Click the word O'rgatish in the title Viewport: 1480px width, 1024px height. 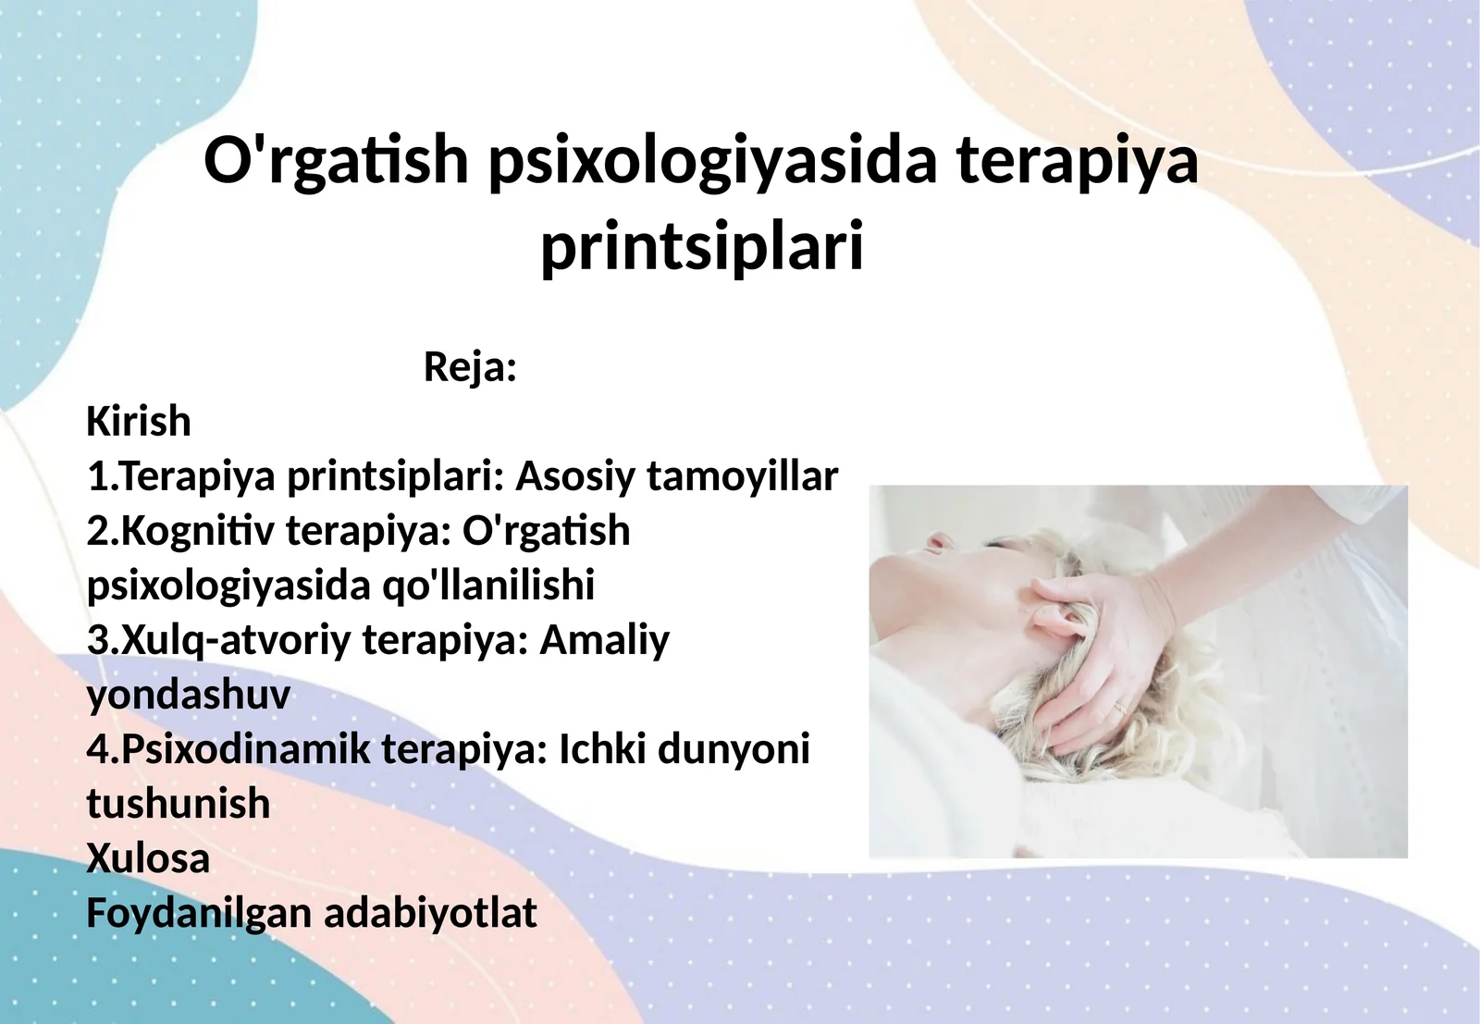coord(336,161)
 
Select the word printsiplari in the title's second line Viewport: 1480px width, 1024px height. coord(702,248)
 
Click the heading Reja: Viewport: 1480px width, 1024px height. coord(470,367)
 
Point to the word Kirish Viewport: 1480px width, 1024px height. coord(139,422)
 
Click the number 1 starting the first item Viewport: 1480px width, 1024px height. coord(97,476)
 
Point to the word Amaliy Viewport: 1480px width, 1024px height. coord(604,640)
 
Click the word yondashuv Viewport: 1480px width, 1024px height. coord(188,695)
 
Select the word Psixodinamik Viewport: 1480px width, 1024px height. coord(245,749)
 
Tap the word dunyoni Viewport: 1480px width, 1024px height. coord(734,749)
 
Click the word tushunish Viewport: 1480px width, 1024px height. coord(178,804)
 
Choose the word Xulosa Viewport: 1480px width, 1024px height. coord(148,858)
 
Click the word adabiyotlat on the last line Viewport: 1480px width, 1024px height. coord(430,913)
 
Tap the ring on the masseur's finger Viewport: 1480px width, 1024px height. coord(1120,708)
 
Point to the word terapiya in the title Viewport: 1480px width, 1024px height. coord(1078,161)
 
